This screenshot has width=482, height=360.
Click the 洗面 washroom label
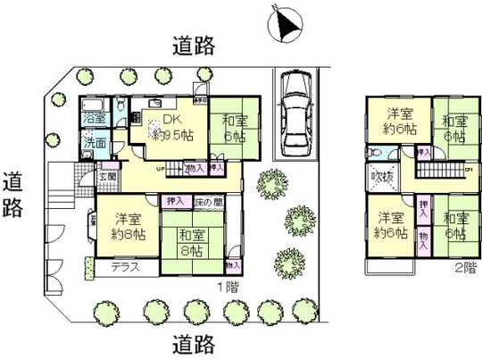click(94, 141)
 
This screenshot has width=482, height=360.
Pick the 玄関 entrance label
click(106, 177)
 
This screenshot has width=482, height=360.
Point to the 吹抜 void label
click(382, 177)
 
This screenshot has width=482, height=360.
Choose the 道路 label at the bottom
click(193, 342)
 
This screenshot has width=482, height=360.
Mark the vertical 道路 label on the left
click(15, 195)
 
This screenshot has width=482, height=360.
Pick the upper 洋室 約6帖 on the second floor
click(400, 121)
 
